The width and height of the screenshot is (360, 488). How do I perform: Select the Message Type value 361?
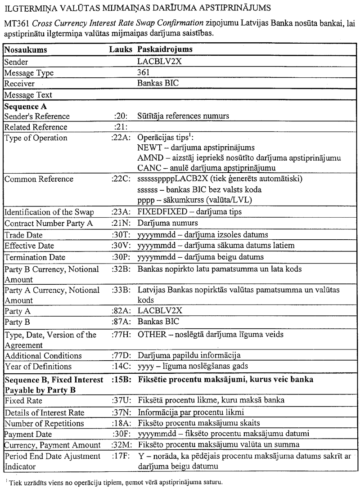pos(144,72)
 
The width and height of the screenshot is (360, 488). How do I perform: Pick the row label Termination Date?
pos(35,257)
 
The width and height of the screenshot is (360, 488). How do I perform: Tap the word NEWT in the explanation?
pos(148,148)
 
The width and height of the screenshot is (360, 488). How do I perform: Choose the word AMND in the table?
pos(148,158)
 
